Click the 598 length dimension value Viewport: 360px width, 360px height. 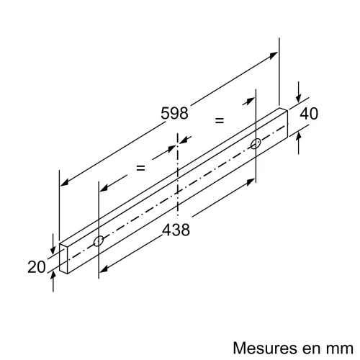pyautogui.click(x=174, y=113)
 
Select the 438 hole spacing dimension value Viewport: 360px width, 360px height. pyautogui.click(x=176, y=230)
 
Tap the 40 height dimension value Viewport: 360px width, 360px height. pyautogui.click(x=309, y=114)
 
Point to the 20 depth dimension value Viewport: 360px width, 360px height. pyautogui.click(x=37, y=267)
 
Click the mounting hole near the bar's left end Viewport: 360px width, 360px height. pyautogui.click(x=99, y=240)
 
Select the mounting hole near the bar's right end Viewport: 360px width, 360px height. pyautogui.click(x=256, y=143)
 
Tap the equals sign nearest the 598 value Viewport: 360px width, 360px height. pyautogui.click(x=220, y=120)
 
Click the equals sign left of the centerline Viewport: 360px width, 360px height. pyautogui.click(x=140, y=168)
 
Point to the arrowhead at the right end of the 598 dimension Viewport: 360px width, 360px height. pyautogui.click(x=274, y=55)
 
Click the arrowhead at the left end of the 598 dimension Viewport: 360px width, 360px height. pyautogui.click(x=64, y=182)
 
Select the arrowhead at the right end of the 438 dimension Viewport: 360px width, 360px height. pyautogui.click(x=251, y=181)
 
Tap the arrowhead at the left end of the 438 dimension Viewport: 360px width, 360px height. pyautogui.click(x=104, y=269)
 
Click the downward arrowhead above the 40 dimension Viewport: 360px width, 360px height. pyautogui.click(x=298, y=99)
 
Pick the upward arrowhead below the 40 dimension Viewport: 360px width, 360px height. pyautogui.click(x=298, y=137)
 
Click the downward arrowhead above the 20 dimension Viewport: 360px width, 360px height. pyautogui.click(x=53, y=251)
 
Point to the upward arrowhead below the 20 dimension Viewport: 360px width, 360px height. pyautogui.click(x=53, y=275)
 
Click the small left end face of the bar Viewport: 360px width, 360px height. pyautogui.click(x=63, y=258)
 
